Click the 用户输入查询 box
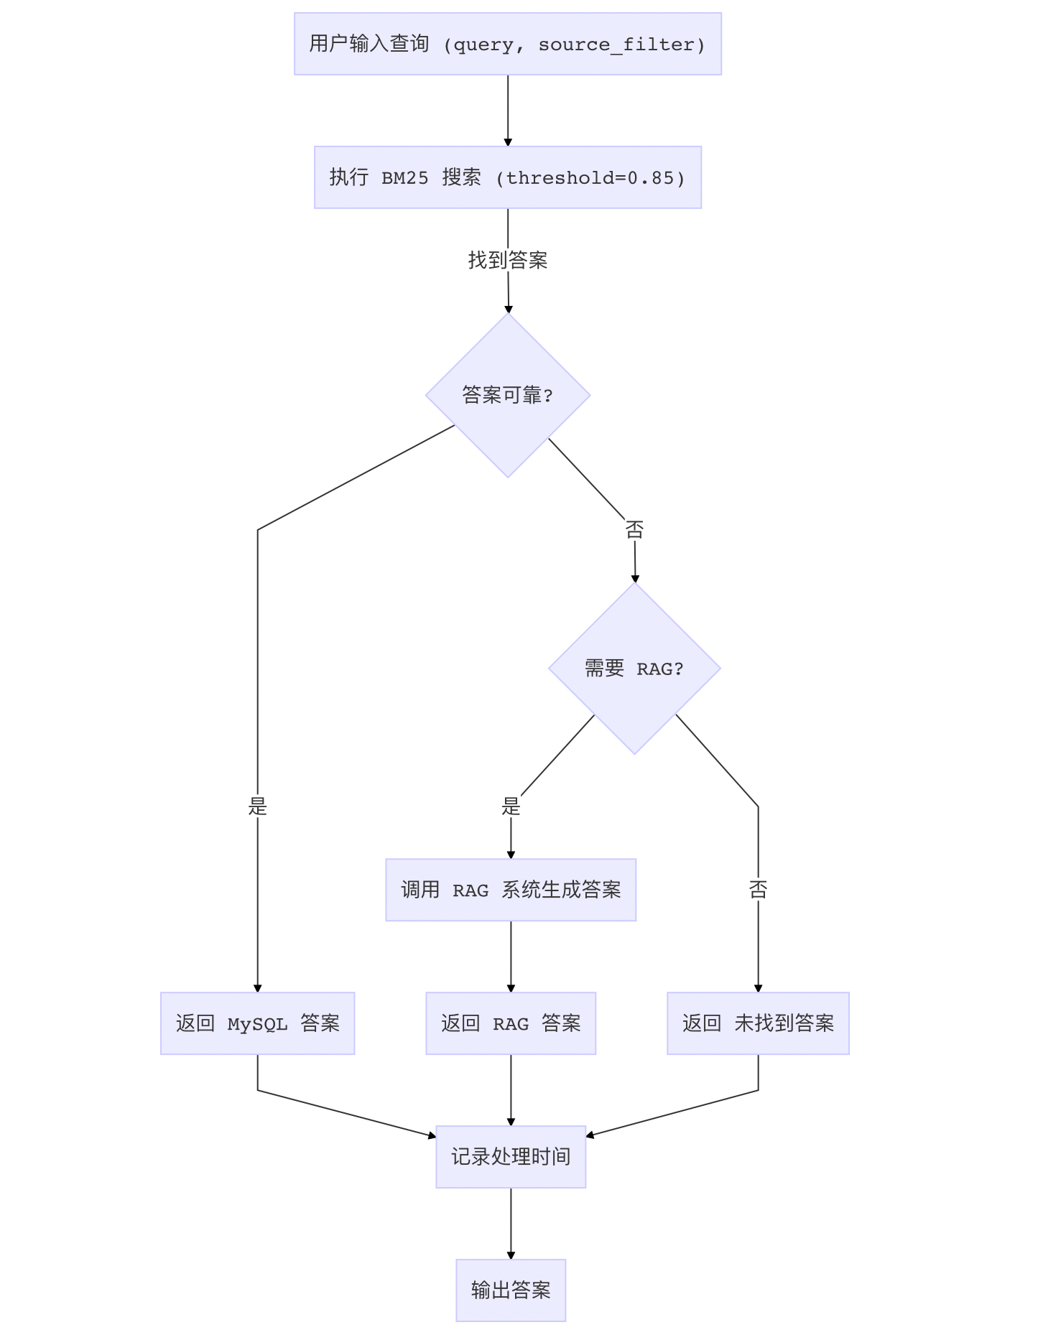click(507, 44)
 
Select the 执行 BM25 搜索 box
click(507, 177)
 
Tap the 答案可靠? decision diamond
click(507, 395)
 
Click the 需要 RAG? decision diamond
click(634, 669)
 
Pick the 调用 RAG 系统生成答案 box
click(511, 890)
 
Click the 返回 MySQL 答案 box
click(257, 1023)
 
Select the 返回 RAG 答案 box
click(511, 1023)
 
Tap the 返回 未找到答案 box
click(758, 1023)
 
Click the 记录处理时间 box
click(511, 1157)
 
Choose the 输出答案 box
click(511, 1290)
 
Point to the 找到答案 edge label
click(508, 260)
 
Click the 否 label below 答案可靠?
click(634, 530)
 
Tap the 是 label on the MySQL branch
click(257, 807)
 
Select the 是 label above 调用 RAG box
click(511, 807)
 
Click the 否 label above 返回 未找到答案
click(758, 890)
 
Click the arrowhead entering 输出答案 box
click(511, 1255)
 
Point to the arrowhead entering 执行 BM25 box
click(508, 142)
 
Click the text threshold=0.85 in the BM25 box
click(595, 178)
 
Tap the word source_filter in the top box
click(616, 45)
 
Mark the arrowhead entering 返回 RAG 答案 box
click(511, 988)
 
